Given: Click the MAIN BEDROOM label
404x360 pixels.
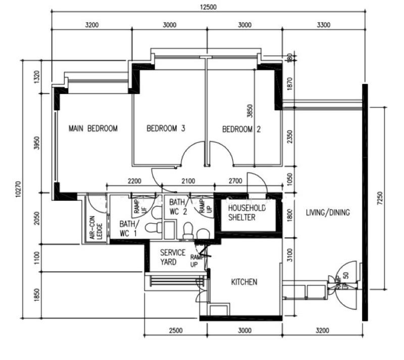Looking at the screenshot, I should [93, 128].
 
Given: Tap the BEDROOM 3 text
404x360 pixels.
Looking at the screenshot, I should [166, 128].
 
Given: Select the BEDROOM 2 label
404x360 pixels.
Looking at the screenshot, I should [241, 129].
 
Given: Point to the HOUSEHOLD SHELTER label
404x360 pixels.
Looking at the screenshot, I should [247, 213].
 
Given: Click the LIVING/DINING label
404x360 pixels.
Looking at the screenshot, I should [327, 212].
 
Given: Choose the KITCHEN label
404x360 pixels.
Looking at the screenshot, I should [244, 282].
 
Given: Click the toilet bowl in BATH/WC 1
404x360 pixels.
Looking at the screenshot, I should [151, 228].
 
